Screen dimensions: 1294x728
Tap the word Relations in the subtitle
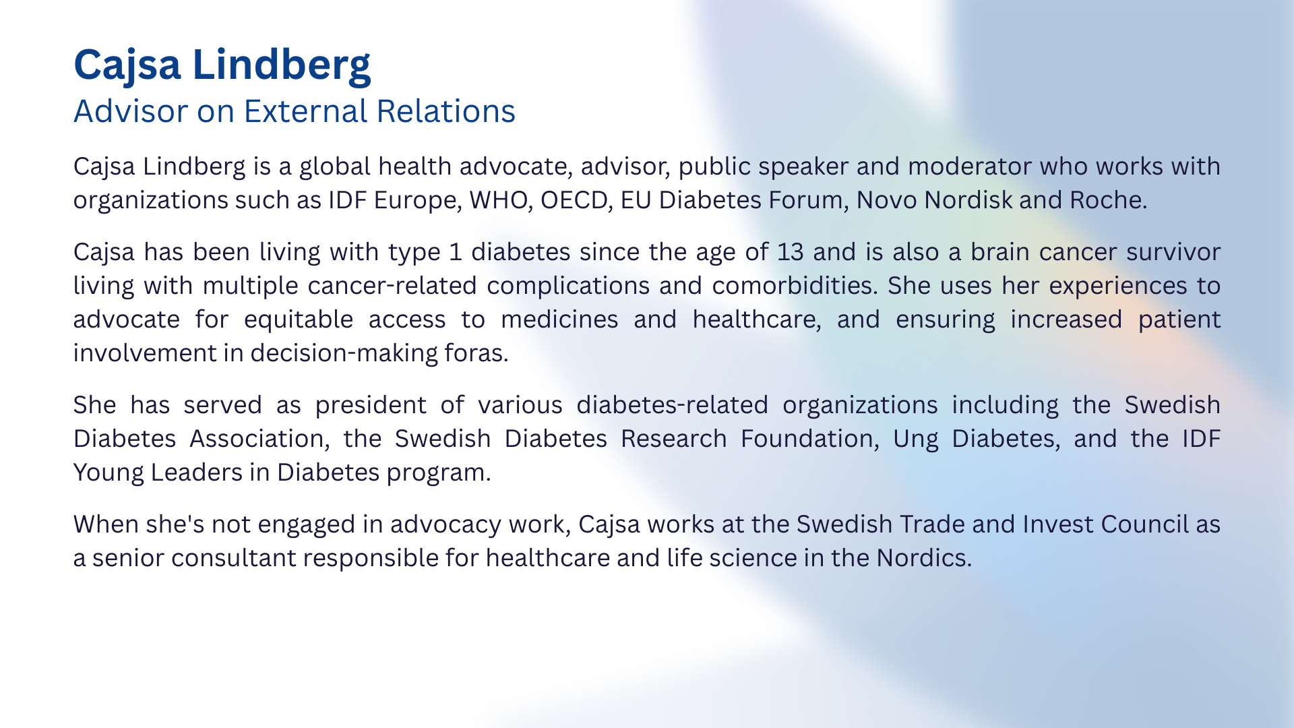point(446,111)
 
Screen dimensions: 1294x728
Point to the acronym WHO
point(498,200)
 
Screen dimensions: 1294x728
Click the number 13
point(791,252)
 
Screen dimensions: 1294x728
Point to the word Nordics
point(924,558)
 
